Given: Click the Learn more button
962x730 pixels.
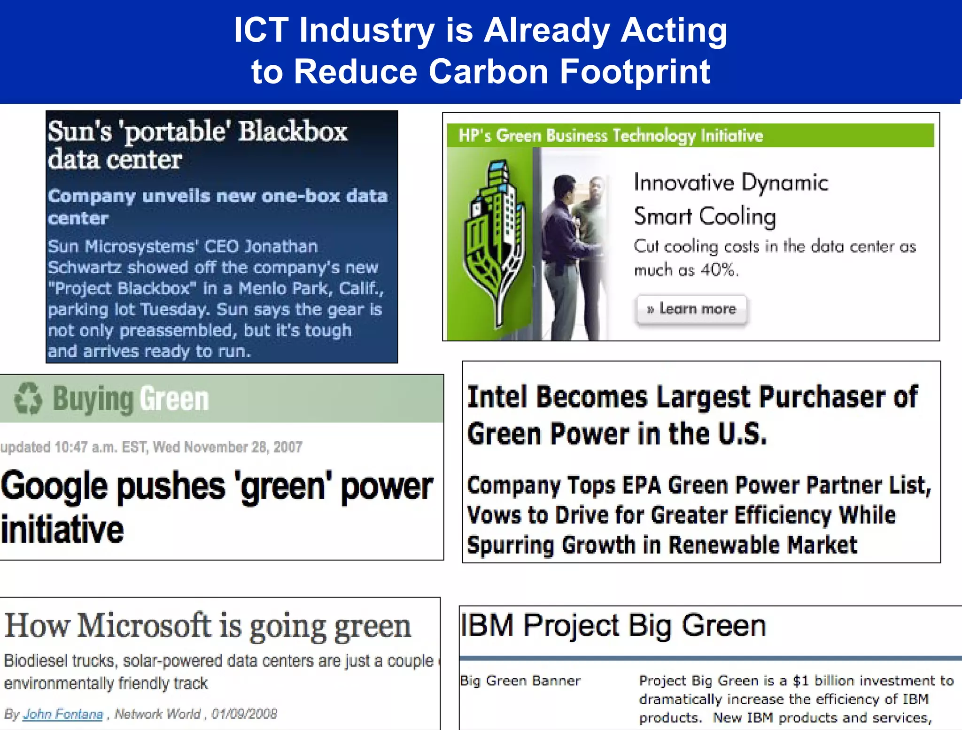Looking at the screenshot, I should [x=691, y=309].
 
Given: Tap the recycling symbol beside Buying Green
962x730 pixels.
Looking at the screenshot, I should [x=28, y=399].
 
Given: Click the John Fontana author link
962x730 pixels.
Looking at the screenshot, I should [x=63, y=714].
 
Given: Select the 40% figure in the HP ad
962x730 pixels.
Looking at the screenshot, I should [x=719, y=270].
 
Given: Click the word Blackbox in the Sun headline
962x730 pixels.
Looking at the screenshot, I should [x=293, y=131].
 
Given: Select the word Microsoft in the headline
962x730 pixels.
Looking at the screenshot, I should [x=144, y=626].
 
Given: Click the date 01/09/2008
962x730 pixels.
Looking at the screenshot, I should [x=244, y=714].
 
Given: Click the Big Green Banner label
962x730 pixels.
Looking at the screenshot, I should [x=520, y=681].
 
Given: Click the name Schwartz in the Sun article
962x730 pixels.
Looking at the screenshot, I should [x=85, y=268].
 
